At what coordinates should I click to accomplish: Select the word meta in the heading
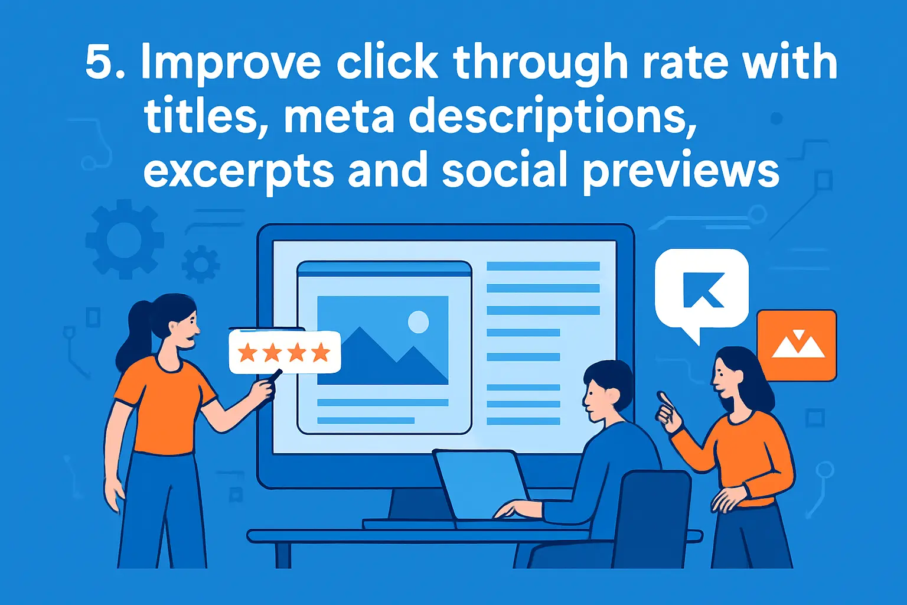pyautogui.click(x=339, y=116)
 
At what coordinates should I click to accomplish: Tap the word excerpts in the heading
pyautogui.click(x=238, y=171)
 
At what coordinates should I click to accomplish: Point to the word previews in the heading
pyautogui.click(x=681, y=171)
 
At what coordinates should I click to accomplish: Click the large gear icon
pyautogui.click(x=124, y=239)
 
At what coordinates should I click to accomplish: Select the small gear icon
pyautogui.click(x=201, y=264)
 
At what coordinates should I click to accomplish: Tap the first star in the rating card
pyautogui.click(x=247, y=353)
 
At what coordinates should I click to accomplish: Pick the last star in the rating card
pyautogui.click(x=321, y=353)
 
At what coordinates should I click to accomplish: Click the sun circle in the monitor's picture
pyautogui.click(x=419, y=322)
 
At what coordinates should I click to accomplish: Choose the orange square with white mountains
pyautogui.click(x=797, y=345)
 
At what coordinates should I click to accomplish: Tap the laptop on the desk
pyautogui.click(x=481, y=484)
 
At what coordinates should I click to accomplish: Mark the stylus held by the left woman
pyautogui.click(x=275, y=375)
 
